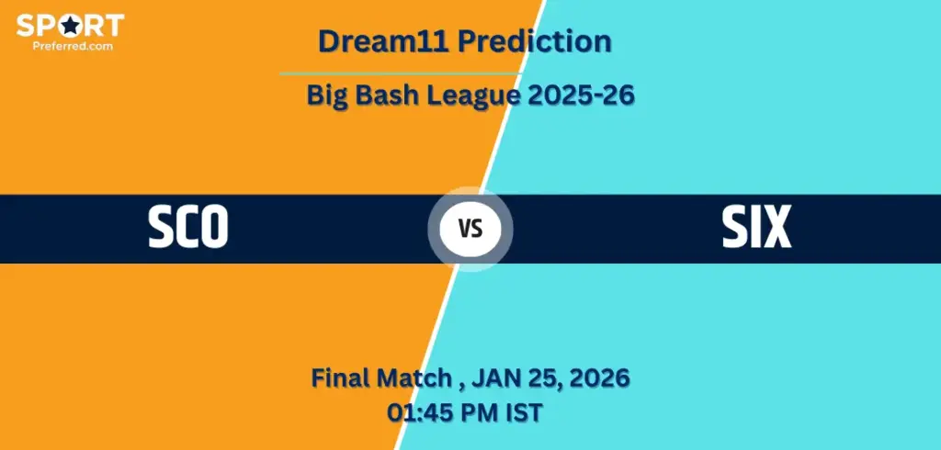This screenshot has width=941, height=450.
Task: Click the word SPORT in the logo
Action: tap(70, 25)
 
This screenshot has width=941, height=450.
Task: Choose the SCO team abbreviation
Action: tap(188, 228)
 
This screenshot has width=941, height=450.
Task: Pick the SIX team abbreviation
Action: tap(755, 228)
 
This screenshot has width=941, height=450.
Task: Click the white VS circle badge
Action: tap(470, 229)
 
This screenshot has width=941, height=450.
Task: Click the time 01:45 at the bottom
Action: tap(419, 412)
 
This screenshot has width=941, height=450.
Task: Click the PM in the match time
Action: tap(477, 412)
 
